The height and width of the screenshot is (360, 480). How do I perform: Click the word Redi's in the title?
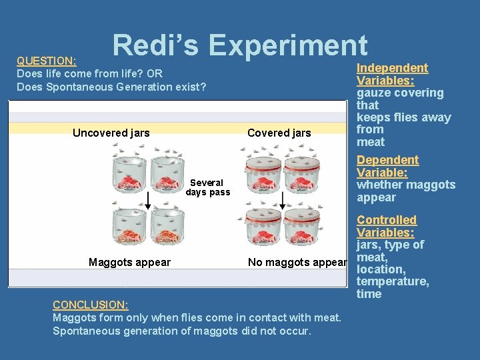(156, 45)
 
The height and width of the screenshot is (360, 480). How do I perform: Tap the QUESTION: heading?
(47, 61)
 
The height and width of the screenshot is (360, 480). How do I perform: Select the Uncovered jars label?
(111, 133)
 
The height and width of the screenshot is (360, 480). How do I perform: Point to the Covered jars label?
(279, 133)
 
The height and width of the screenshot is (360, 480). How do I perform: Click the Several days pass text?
(207, 187)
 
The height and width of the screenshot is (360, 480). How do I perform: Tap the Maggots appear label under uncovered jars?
(129, 262)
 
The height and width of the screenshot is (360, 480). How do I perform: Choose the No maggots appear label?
(297, 262)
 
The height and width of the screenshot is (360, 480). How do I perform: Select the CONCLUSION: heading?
(91, 305)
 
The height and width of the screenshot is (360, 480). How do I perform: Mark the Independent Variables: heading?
(392, 74)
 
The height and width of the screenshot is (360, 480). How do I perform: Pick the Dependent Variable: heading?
(387, 166)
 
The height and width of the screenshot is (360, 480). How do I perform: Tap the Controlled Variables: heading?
(386, 226)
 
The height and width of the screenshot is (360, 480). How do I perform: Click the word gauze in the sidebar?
(373, 93)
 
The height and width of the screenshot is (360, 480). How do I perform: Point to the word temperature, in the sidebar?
(393, 281)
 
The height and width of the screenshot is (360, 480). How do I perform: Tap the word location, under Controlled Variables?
(381, 269)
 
